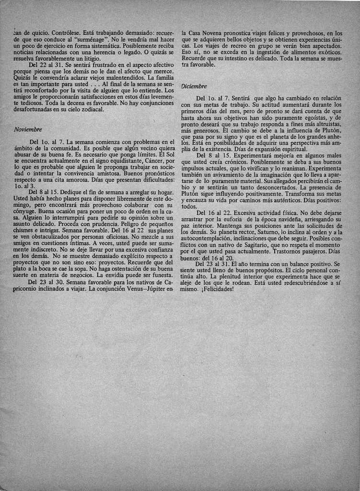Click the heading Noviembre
tap(28, 129)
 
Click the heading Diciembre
tap(194, 86)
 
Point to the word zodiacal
tap(90, 109)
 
